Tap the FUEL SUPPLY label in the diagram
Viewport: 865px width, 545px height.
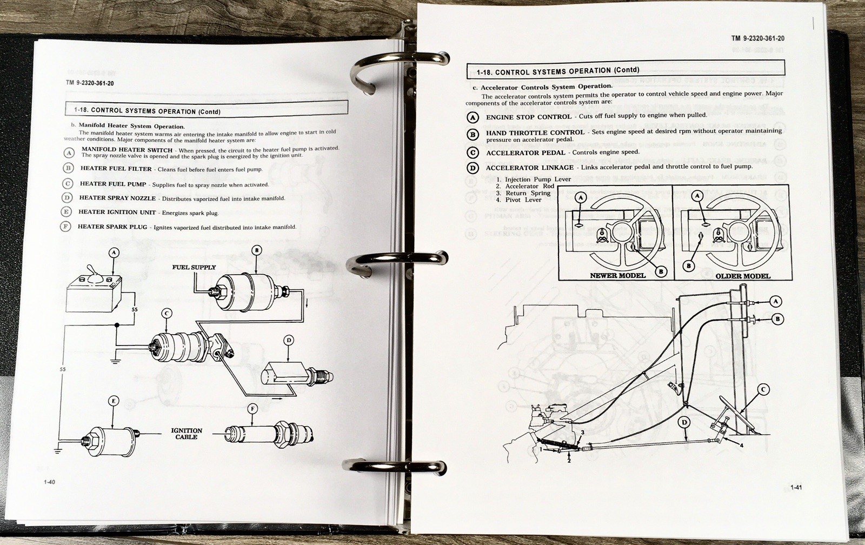coord(194,267)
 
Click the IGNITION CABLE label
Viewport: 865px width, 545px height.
coord(187,434)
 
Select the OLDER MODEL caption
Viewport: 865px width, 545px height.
coord(743,276)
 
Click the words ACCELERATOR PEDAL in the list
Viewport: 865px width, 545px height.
coord(525,153)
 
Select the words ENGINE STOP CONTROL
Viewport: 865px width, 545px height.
coord(528,117)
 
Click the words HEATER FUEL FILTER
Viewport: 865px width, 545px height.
coord(116,169)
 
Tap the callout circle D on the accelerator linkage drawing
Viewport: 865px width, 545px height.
coord(684,422)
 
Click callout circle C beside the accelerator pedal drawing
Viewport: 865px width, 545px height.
coord(763,389)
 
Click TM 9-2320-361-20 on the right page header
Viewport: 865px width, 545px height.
coord(757,38)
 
